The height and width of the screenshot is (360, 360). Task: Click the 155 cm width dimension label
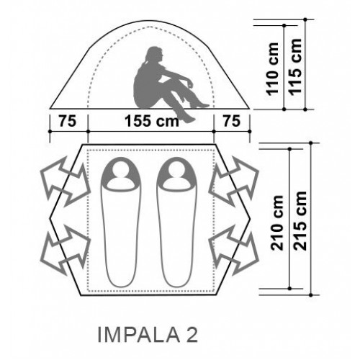point(152,121)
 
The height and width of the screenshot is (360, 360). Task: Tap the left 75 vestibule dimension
point(68,121)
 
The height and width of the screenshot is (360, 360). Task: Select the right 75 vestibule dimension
point(232,121)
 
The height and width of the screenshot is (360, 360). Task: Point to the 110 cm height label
point(272,69)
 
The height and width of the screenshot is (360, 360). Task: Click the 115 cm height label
point(294,67)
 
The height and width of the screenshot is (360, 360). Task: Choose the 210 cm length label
point(277,223)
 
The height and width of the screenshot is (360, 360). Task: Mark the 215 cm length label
point(300,221)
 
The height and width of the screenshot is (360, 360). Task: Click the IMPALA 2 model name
point(148,335)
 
